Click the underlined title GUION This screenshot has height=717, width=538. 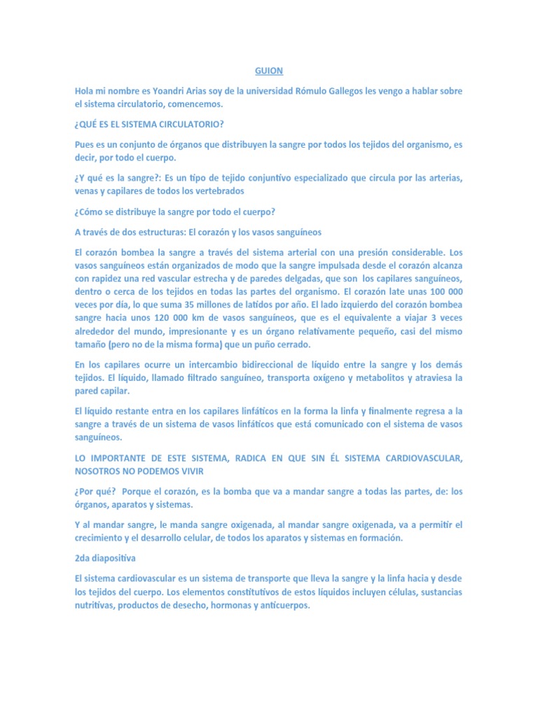[269, 71]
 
